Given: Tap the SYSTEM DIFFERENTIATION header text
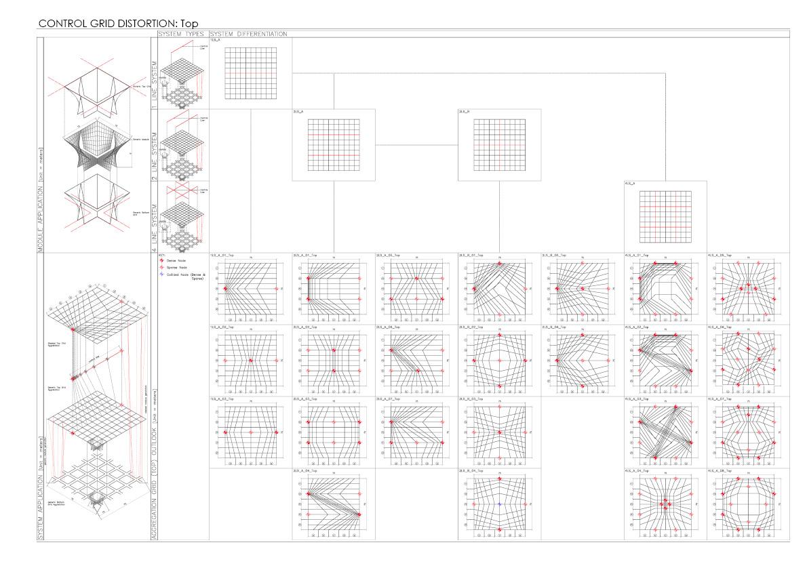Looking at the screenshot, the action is coord(249,34).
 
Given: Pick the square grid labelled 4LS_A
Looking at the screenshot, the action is coord(666,216).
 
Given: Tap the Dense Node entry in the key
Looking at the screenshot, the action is coord(177,260).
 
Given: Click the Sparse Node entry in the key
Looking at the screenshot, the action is coord(178,267).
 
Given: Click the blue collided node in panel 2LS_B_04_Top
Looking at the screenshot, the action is coord(500,505).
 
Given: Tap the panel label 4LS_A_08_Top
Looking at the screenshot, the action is coord(720,470).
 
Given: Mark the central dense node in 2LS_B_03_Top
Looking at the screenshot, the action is coord(500,432).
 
